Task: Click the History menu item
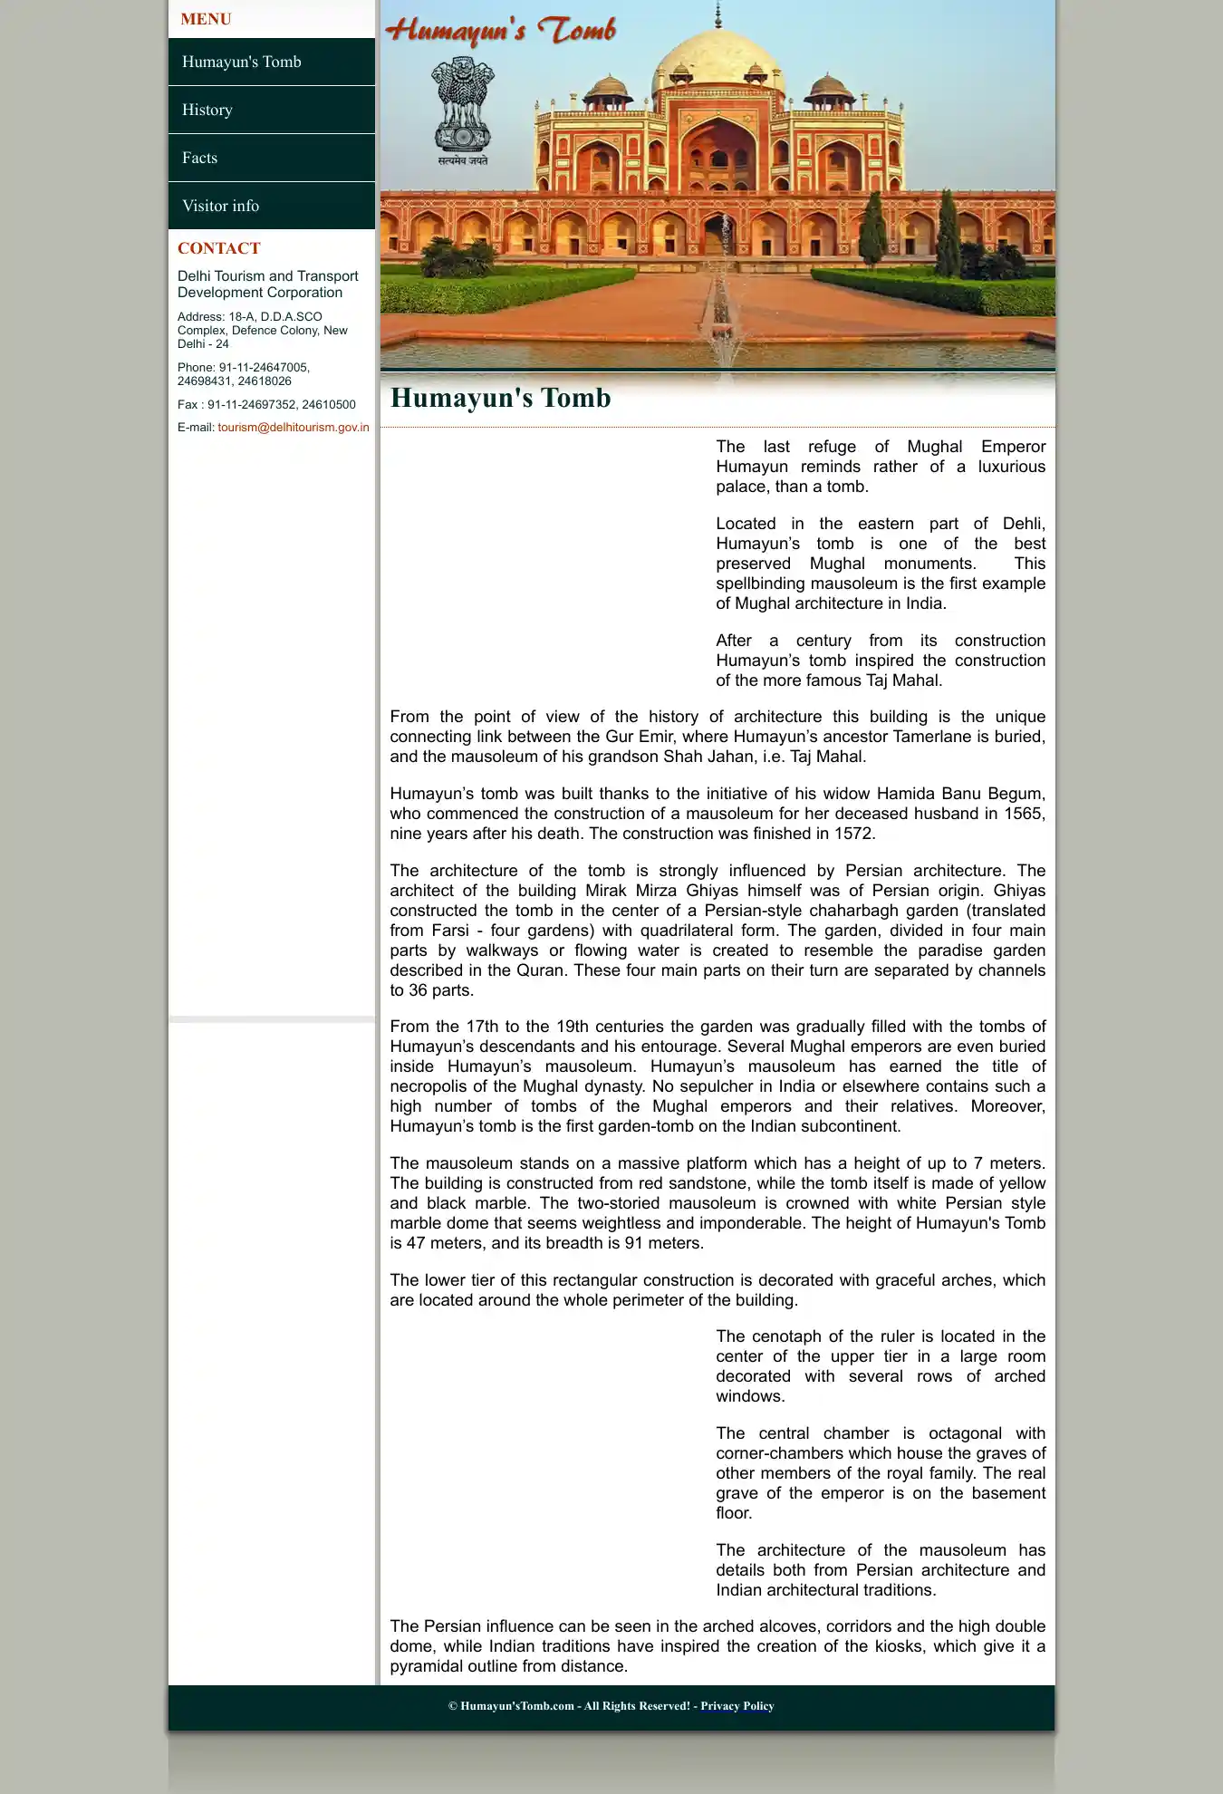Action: [x=207, y=110]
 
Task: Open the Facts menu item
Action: [x=199, y=158]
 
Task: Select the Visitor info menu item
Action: [x=220, y=206]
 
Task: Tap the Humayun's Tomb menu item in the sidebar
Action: [x=241, y=62]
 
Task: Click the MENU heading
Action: [x=206, y=19]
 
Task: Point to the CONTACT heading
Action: [x=218, y=248]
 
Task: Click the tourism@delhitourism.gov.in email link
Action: [x=293, y=428]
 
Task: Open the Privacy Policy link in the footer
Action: [x=737, y=1706]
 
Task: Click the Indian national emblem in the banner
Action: [x=463, y=109]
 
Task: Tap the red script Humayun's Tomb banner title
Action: [x=501, y=31]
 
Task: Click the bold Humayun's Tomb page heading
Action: [x=500, y=398]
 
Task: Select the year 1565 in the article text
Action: [x=1024, y=814]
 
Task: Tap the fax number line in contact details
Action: [x=266, y=405]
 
